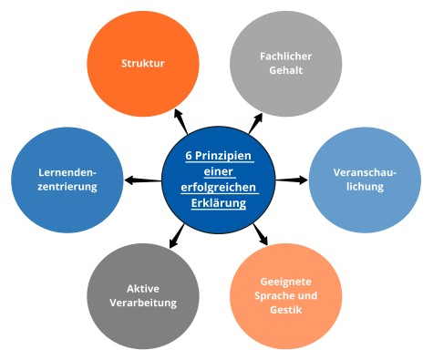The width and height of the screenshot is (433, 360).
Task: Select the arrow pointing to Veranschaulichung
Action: pyautogui.click(x=292, y=180)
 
